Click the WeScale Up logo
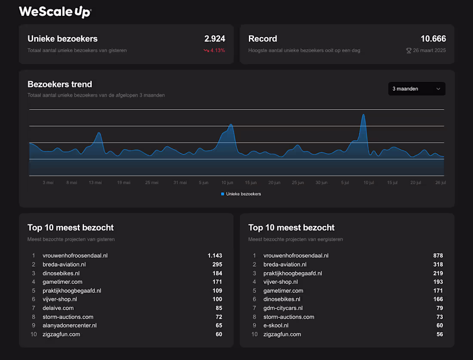tap(55, 12)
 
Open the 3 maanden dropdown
tap(416, 89)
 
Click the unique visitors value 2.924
tap(215, 39)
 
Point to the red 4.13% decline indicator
tap(214, 50)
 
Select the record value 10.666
tap(433, 39)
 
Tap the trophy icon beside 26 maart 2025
tap(409, 50)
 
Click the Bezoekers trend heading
tap(60, 84)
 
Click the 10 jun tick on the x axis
tap(227, 182)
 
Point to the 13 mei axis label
tap(95, 182)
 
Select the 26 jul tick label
tap(440, 182)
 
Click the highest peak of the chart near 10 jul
tap(363, 115)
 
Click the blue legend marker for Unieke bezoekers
tap(222, 194)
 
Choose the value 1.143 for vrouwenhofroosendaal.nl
tap(215, 255)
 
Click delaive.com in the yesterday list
tap(58, 308)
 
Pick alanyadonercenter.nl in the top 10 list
tap(70, 326)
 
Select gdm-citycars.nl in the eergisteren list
tap(283, 308)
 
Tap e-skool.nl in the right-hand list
tap(276, 326)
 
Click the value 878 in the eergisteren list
tap(438, 255)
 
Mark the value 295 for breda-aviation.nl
tap(217, 265)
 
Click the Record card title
tap(263, 39)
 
